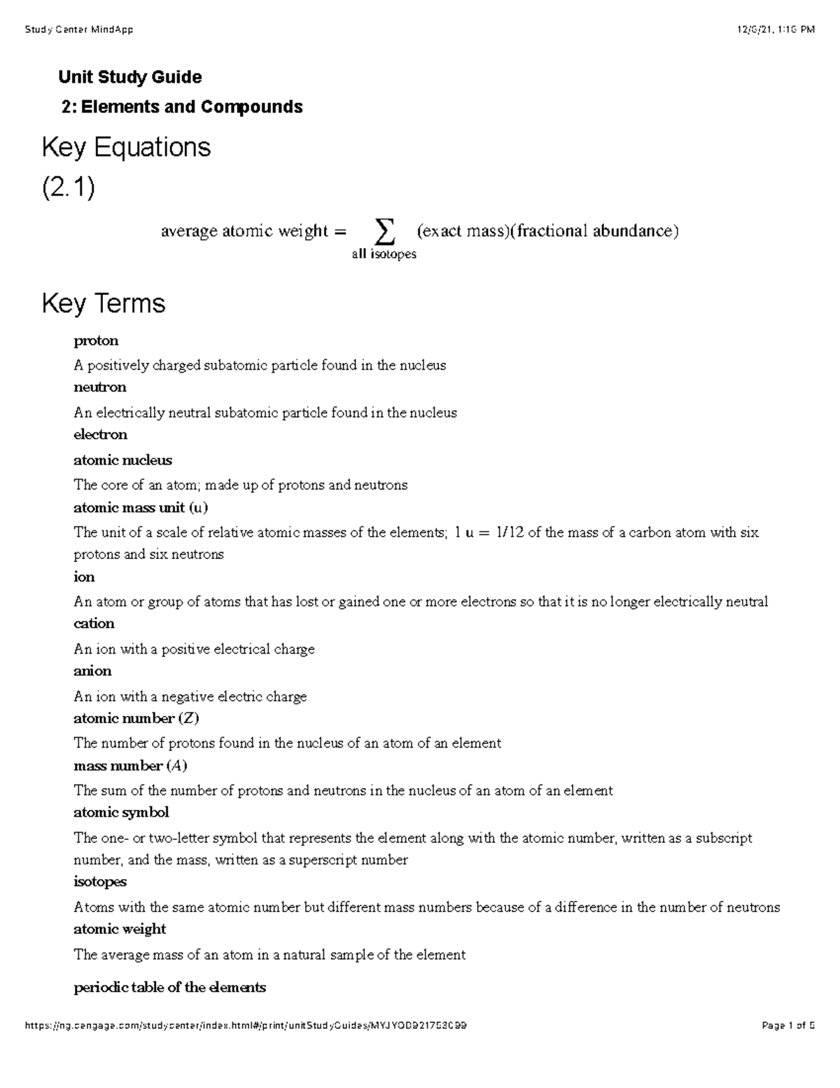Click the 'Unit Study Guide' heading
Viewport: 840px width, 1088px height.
click(x=130, y=77)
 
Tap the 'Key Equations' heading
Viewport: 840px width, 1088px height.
click(x=126, y=147)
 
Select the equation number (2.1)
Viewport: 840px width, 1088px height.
click(x=68, y=188)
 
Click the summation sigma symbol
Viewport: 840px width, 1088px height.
click(x=384, y=229)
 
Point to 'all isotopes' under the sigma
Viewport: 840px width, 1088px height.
click(x=384, y=254)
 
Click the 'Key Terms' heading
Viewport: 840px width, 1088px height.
click(x=104, y=303)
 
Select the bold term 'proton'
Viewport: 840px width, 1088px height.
click(x=96, y=340)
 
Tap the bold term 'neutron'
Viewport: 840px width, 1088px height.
click(x=100, y=387)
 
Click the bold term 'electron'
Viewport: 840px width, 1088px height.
click(x=100, y=434)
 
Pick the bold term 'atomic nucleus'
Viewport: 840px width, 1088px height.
click(x=122, y=460)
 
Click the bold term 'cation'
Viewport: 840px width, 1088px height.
click(x=94, y=624)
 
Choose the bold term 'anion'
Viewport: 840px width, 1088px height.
click(x=92, y=670)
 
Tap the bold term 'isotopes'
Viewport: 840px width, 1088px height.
click(x=100, y=881)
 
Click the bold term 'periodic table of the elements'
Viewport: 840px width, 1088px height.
click(x=169, y=987)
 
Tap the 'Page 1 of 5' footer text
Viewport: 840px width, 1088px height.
click(x=788, y=1026)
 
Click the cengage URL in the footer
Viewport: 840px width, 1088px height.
click(x=246, y=1026)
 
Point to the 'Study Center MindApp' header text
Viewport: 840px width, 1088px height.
click(x=78, y=29)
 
